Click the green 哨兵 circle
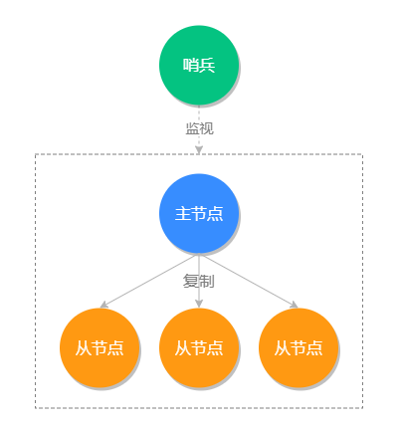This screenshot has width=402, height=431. click(x=199, y=65)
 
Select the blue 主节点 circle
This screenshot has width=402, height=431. click(x=199, y=213)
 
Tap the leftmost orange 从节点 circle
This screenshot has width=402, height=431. click(x=100, y=347)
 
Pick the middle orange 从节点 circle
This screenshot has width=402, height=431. click(x=199, y=347)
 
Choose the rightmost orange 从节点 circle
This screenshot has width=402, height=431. click(x=299, y=347)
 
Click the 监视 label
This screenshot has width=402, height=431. click(x=199, y=128)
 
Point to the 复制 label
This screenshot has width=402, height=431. click(x=199, y=281)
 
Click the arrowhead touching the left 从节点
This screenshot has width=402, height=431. click(x=103, y=305)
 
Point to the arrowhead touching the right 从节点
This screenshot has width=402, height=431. click(x=295, y=305)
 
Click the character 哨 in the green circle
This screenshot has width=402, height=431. click(x=190, y=66)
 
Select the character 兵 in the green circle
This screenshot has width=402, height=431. click(x=207, y=66)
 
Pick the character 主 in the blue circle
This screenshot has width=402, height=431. click(x=182, y=214)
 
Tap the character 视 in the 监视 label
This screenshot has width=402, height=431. click(x=207, y=128)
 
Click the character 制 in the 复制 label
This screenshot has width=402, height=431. click(x=207, y=281)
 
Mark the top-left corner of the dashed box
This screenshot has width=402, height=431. click(x=36, y=154)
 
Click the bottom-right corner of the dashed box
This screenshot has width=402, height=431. click(x=362, y=407)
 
